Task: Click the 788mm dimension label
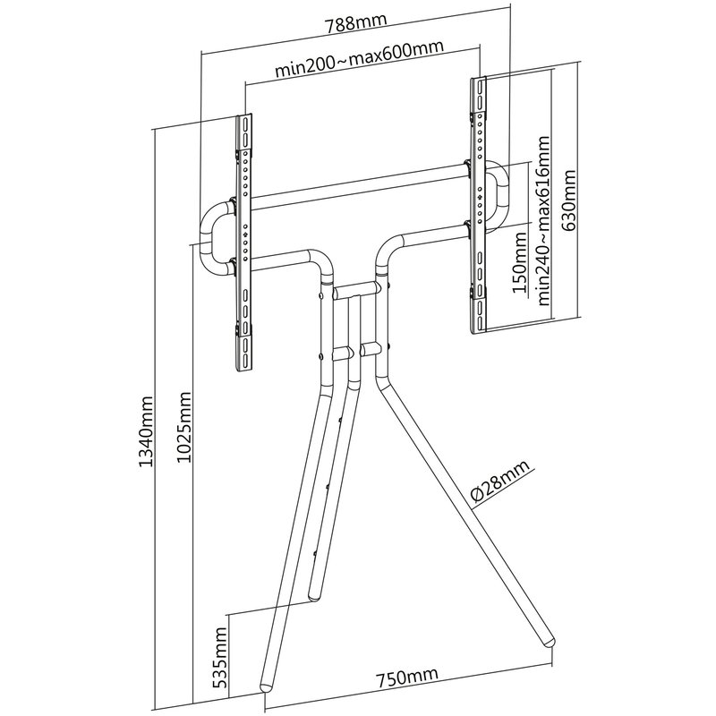pyautogui.click(x=356, y=23)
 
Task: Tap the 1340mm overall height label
pyautogui.click(x=146, y=431)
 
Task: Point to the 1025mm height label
pyautogui.click(x=184, y=428)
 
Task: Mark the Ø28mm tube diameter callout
pyautogui.click(x=500, y=481)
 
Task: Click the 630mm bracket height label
pyautogui.click(x=569, y=200)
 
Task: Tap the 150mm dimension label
pyautogui.click(x=519, y=262)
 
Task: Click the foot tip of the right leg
pyautogui.click(x=548, y=643)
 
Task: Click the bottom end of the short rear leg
pyautogui.click(x=315, y=596)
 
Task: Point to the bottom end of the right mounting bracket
pyautogui.click(x=478, y=332)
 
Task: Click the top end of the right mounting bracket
pyautogui.click(x=478, y=80)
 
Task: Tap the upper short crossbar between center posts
pyautogui.click(x=356, y=289)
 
